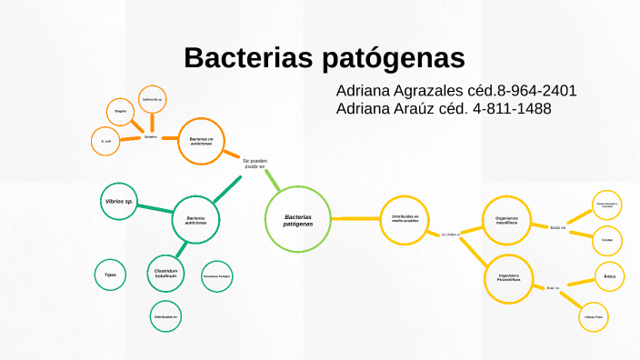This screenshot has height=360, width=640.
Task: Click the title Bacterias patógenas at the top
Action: (x=324, y=57)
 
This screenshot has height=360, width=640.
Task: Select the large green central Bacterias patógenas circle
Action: (x=297, y=220)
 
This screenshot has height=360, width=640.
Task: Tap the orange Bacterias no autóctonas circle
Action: (x=201, y=141)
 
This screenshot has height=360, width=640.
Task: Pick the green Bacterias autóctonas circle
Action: (x=195, y=220)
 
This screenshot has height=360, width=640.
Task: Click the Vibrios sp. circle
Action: (x=118, y=201)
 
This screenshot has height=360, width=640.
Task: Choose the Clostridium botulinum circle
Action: (x=165, y=272)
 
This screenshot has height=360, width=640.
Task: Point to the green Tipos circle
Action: (x=110, y=274)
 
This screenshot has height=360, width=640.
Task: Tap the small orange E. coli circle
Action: (x=107, y=141)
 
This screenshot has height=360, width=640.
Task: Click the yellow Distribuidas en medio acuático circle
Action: (x=405, y=220)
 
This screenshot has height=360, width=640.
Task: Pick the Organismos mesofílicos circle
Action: (x=506, y=220)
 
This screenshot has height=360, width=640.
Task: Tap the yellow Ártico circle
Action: (x=609, y=275)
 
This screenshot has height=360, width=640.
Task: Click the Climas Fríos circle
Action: (x=595, y=316)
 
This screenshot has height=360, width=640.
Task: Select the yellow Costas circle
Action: (x=607, y=240)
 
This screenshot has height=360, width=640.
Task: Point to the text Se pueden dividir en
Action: (x=255, y=165)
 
